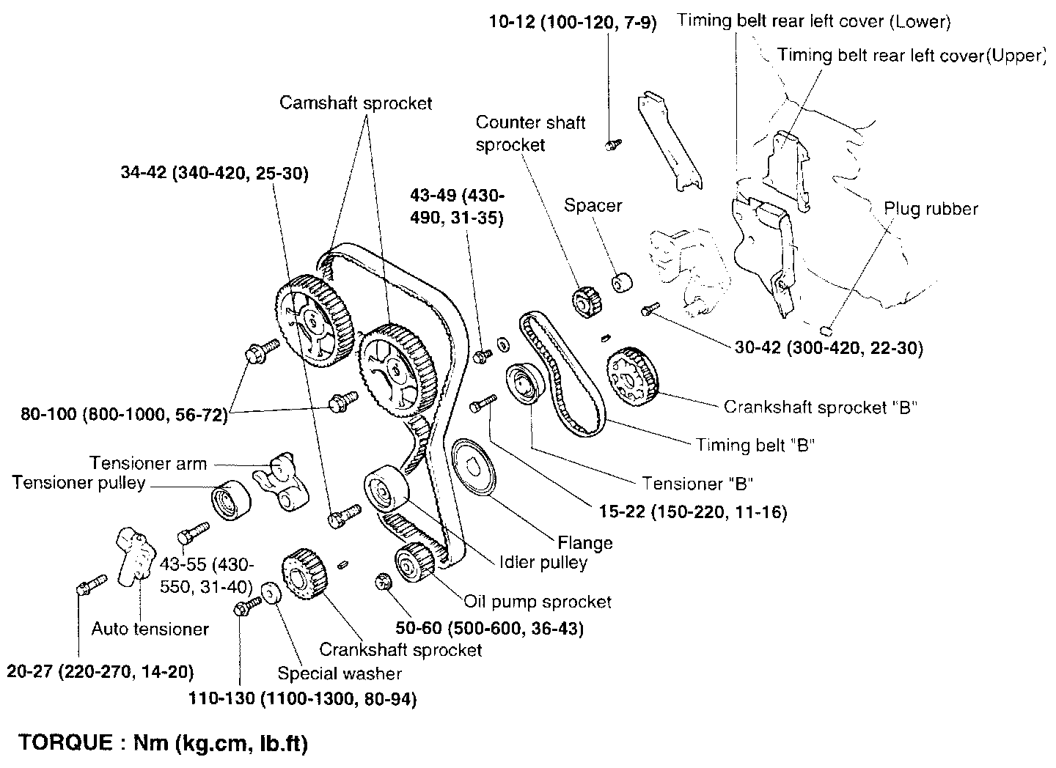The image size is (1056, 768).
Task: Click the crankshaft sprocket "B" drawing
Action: (632, 376)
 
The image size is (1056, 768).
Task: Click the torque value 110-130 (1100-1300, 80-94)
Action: (302, 699)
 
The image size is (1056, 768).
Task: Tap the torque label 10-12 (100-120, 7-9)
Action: (573, 23)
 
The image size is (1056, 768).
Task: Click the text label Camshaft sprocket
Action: (356, 103)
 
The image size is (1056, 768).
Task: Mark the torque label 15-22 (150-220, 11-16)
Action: (692, 512)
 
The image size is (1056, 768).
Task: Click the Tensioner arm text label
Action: (148, 463)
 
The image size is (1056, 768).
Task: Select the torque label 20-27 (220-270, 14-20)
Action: (100, 671)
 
